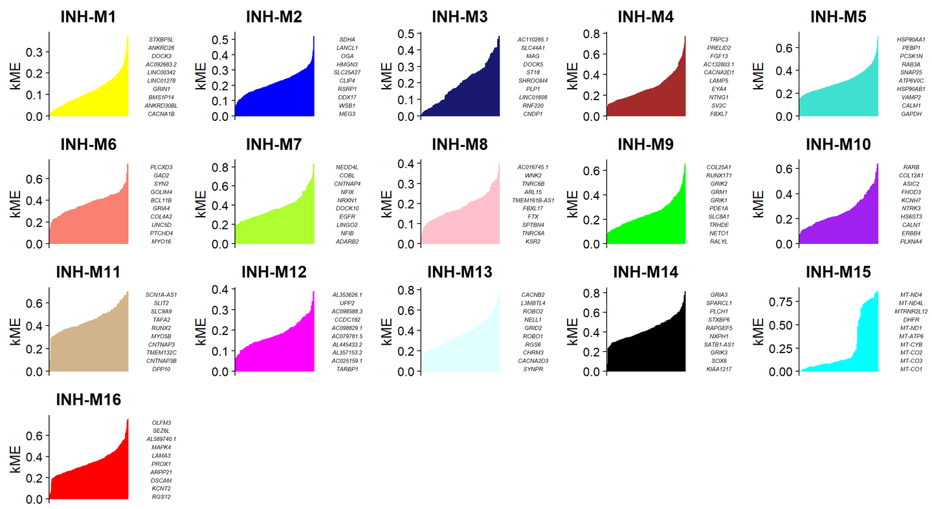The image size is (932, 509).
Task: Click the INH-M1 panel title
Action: click(88, 17)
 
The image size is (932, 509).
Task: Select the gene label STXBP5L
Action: click(161, 39)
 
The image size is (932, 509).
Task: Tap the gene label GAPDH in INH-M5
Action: click(911, 114)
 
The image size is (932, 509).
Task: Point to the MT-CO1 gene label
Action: click(911, 369)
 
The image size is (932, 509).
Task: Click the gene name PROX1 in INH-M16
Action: click(161, 464)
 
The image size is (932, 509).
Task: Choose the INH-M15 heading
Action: click(838, 272)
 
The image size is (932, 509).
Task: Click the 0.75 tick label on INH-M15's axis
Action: click(780, 302)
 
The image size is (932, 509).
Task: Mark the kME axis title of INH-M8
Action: click(387, 204)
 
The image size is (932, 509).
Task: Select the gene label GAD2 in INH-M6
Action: click(161, 175)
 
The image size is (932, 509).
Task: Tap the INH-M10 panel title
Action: click(838, 144)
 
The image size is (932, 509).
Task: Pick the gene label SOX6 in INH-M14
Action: click(718, 361)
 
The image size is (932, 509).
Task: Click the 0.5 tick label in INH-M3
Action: click(406, 34)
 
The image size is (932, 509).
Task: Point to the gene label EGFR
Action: click(347, 217)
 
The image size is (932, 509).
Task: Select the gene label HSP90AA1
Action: click(911, 39)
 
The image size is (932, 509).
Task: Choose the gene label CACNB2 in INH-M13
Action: click(533, 295)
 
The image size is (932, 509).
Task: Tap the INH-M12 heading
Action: click(274, 272)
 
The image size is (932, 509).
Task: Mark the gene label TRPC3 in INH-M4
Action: click(718, 39)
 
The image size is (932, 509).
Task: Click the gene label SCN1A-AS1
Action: click(161, 295)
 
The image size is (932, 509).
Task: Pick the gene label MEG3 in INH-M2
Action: click(347, 114)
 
